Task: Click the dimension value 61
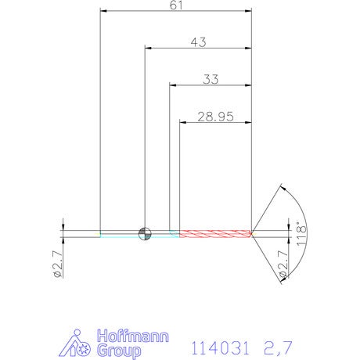[x=176, y=5]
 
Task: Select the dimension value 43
[x=198, y=42]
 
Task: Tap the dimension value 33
[x=211, y=79]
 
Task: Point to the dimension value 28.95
[x=215, y=117]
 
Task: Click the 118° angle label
[x=301, y=234]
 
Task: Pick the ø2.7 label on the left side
[x=57, y=264]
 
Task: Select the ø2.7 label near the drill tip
[x=283, y=264]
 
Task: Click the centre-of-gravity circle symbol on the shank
[x=145, y=233]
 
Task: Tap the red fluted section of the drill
[x=215, y=233]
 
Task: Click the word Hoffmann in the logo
[x=133, y=337]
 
